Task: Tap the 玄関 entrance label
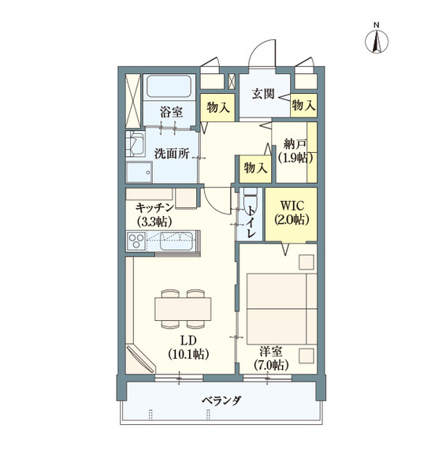263,94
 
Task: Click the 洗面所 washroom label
171,154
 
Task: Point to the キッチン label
155,207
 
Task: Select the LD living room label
188,341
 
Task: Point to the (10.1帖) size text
188,355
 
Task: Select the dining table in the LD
184,307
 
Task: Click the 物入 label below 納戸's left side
255,168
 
